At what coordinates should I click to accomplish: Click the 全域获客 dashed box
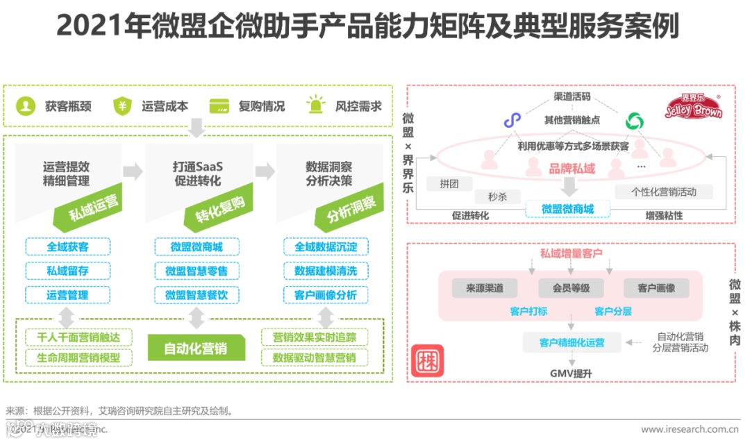pos(67,246)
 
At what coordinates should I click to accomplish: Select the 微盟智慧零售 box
pos(197,271)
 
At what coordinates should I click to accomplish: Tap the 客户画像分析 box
pos(326,295)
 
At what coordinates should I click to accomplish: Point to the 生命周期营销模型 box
pos(78,358)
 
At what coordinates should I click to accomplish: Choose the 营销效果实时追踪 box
pos(315,337)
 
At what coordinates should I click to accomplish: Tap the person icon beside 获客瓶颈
pos(26,106)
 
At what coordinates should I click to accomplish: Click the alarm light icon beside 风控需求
pos(316,106)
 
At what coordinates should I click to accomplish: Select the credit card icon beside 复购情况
pos(219,106)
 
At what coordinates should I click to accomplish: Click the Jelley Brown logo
pos(694,108)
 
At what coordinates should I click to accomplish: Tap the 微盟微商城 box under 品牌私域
pos(567,209)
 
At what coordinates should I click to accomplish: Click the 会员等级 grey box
pos(568,287)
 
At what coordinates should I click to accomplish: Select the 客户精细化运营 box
pos(572,342)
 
